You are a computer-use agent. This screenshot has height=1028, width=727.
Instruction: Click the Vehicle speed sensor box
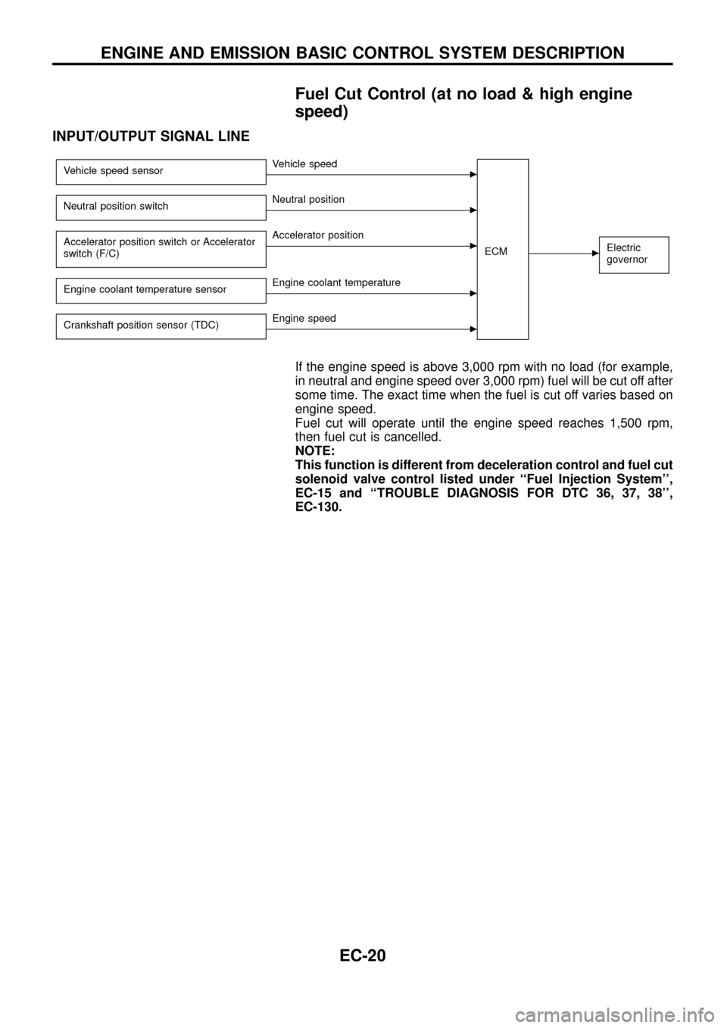point(161,171)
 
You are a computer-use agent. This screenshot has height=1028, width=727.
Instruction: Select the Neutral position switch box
point(161,207)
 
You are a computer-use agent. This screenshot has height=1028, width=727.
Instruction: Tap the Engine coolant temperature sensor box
point(161,290)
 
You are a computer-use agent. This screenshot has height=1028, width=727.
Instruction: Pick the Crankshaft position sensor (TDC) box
point(161,326)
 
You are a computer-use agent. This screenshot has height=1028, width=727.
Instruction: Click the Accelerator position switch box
point(161,248)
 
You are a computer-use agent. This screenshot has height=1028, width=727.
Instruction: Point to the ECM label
point(496,251)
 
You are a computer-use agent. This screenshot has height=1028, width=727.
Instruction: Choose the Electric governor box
point(633,254)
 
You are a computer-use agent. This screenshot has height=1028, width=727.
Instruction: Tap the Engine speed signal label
point(304,319)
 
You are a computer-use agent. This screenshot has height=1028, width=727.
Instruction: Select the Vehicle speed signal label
point(305,164)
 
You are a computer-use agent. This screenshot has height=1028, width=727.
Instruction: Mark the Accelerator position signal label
point(318,235)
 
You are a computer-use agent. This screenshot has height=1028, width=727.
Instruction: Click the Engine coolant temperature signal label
point(336,283)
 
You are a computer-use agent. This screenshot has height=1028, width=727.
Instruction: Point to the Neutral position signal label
point(308,200)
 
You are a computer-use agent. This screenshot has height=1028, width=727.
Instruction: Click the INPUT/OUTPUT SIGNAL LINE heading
point(151,137)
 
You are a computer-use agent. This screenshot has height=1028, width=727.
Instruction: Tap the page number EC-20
point(362,956)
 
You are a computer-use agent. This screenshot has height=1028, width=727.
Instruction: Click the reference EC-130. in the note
point(318,506)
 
